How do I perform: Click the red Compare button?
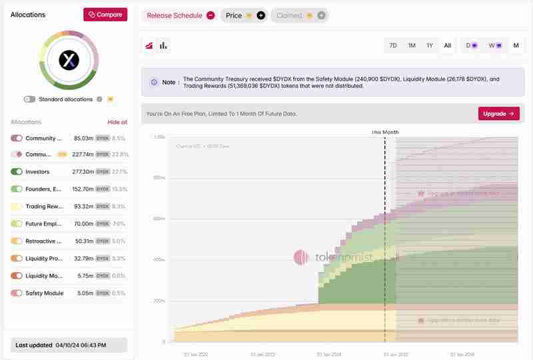pyautogui.click(x=105, y=15)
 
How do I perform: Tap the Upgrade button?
pyautogui.click(x=498, y=114)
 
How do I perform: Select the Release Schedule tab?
pyautogui.click(x=180, y=15)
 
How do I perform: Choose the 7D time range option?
pyautogui.click(x=393, y=45)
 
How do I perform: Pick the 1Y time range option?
pyautogui.click(x=430, y=45)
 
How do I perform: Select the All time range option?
pyautogui.click(x=448, y=45)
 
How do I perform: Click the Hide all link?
pyautogui.click(x=117, y=122)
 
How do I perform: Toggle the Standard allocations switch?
pyautogui.click(x=29, y=99)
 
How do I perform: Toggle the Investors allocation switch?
pyautogui.click(x=17, y=172)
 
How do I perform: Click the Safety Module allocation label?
pyautogui.click(x=45, y=293)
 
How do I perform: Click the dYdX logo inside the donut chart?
pyautogui.click(x=69, y=61)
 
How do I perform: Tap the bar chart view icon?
pyautogui.click(x=163, y=45)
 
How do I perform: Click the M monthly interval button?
pyautogui.click(x=516, y=45)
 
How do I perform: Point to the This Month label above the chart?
pyautogui.click(x=385, y=132)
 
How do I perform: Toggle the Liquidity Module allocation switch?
pyautogui.click(x=17, y=276)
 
